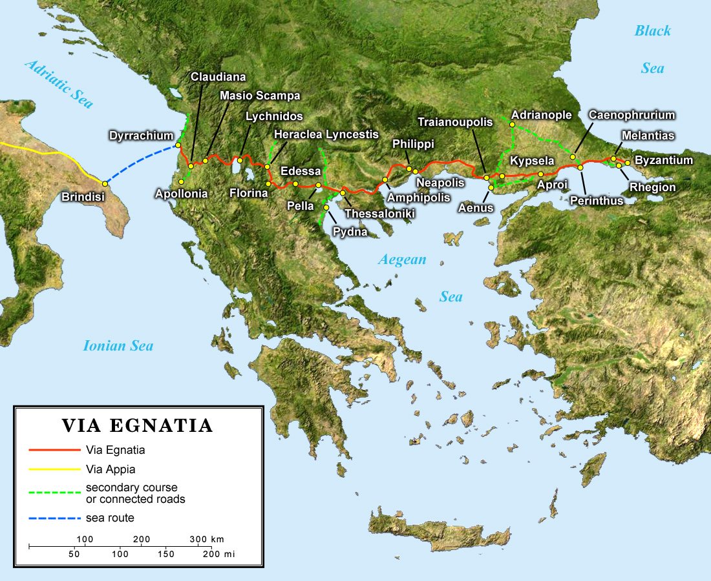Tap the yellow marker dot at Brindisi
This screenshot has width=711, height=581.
(x=105, y=184)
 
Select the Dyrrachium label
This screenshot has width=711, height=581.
(x=141, y=136)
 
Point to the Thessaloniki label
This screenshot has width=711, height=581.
(x=379, y=214)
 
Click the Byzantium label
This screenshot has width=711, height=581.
(x=664, y=160)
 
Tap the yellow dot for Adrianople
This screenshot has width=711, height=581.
(x=511, y=124)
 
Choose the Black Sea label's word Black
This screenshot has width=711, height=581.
(x=652, y=30)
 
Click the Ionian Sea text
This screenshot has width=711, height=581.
(x=118, y=346)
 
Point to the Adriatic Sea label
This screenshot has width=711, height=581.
(x=59, y=83)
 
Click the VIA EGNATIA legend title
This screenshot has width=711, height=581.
(x=137, y=426)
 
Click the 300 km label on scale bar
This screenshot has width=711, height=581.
(x=206, y=539)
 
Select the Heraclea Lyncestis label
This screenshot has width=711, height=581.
(x=326, y=135)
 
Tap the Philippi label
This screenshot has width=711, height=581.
(x=413, y=143)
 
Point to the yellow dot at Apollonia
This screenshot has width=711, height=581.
(x=182, y=181)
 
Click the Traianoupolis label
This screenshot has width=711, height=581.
(x=455, y=121)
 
